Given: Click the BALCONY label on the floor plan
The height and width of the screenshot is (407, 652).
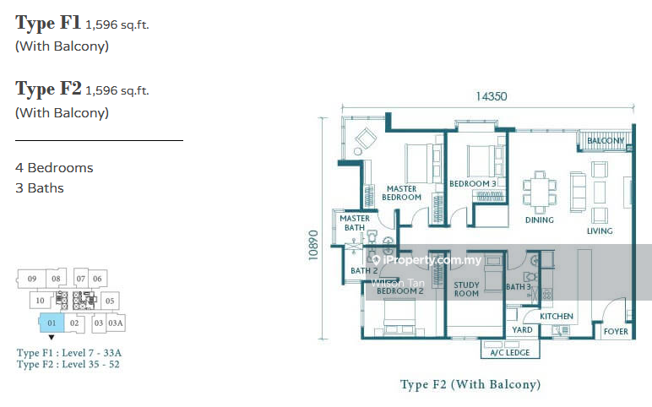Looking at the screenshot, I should coord(606,141).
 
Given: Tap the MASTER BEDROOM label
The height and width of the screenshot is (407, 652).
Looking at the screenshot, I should coord(401,193).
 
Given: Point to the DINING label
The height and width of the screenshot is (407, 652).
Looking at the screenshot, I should coord(539,220).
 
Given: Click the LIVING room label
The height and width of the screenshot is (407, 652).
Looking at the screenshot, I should coord(600,231).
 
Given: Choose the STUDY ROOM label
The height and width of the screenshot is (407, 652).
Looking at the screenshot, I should coord(466,290).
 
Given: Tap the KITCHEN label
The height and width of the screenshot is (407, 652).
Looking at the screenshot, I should coord(557,317).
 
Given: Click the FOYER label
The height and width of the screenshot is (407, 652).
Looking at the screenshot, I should coord(615,331).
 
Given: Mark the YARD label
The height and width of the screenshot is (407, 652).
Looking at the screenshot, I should coord(523,330).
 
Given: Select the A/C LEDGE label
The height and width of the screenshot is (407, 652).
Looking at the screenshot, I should coord(504,352).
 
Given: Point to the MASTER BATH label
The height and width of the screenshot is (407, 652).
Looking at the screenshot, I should coord(355,223).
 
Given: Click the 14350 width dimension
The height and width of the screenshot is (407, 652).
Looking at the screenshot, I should coord(491,96).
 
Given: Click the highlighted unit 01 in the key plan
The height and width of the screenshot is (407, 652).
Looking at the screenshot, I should coord(51,322).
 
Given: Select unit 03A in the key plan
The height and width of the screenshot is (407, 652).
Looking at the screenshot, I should coord(116,323).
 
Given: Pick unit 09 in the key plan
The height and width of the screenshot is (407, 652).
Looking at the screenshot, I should coord(31,279).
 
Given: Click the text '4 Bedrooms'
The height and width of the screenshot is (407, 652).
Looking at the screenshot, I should coord(54,168).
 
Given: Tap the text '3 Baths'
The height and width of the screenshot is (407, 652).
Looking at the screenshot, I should coord(40,188).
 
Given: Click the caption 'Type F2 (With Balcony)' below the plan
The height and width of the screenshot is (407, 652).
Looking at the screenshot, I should coord(470,384).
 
